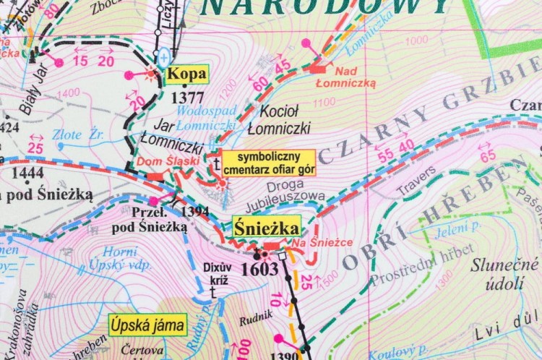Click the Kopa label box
(x=186, y=74)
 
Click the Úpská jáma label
(x=147, y=325)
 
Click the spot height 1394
(x=195, y=211)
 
